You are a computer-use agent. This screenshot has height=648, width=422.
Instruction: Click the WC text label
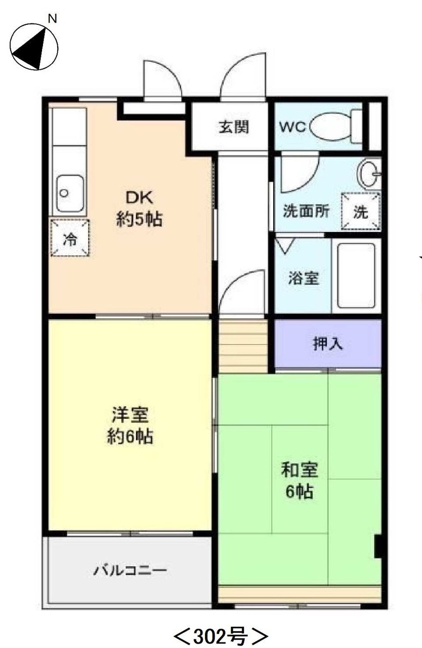coord(292,127)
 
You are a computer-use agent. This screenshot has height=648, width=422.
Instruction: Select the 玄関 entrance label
coord(233,127)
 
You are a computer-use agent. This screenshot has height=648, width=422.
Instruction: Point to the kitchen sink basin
coord(70,193)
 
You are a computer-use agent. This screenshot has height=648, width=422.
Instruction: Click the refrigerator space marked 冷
coord(70,238)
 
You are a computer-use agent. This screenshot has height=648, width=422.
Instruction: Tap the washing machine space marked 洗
coord(361,212)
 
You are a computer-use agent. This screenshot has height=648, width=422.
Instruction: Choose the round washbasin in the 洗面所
coord(369,174)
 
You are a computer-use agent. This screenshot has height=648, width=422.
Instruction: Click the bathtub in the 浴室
coord(356,276)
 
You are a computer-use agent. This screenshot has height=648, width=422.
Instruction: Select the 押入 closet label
coord(328,344)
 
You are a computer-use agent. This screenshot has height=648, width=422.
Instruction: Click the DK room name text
coord(139,198)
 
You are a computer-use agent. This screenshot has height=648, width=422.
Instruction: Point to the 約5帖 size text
coord(139,219)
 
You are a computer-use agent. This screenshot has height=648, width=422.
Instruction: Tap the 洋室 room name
coord(130,415)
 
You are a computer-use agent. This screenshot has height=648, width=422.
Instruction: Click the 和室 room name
coord(300,470)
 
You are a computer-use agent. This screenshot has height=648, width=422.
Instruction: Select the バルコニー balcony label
coord(130,571)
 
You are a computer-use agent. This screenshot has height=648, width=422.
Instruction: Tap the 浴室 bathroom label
coord(304,278)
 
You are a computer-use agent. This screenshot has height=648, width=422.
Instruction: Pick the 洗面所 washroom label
coord(306,211)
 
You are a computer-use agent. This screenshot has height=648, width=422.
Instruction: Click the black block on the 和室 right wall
coord(378,546)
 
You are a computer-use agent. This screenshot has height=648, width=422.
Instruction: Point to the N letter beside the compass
coord(52,19)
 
